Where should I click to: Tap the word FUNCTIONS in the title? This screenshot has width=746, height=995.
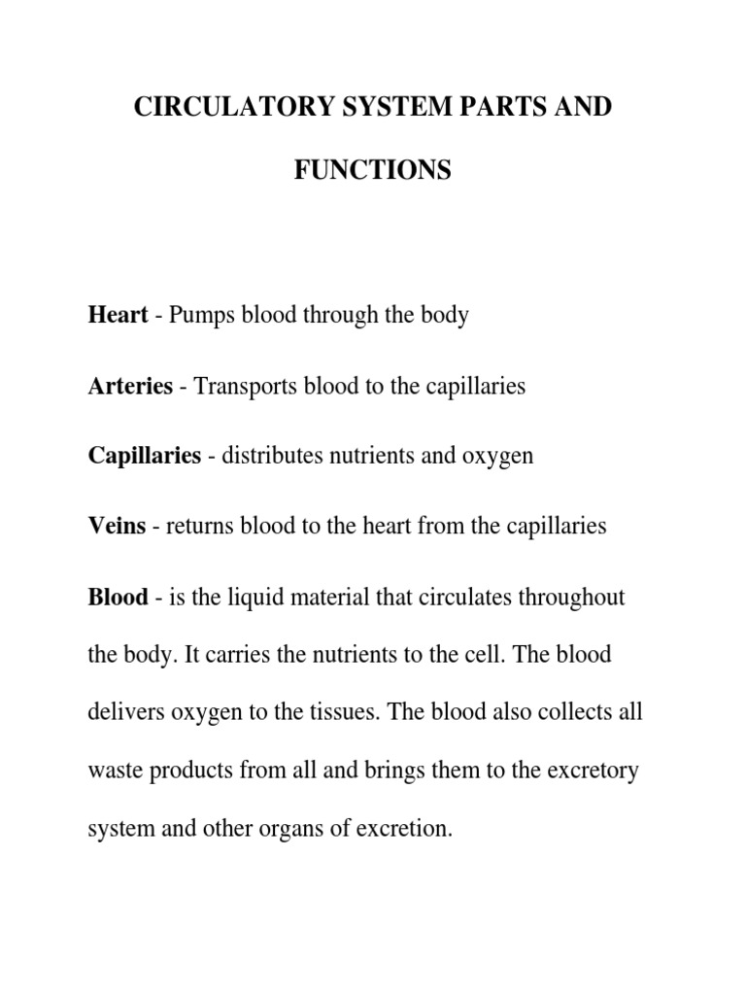(372, 171)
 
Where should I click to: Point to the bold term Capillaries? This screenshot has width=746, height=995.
(144, 457)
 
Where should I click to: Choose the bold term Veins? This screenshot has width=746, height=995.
(117, 527)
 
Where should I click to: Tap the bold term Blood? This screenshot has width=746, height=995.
(119, 597)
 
